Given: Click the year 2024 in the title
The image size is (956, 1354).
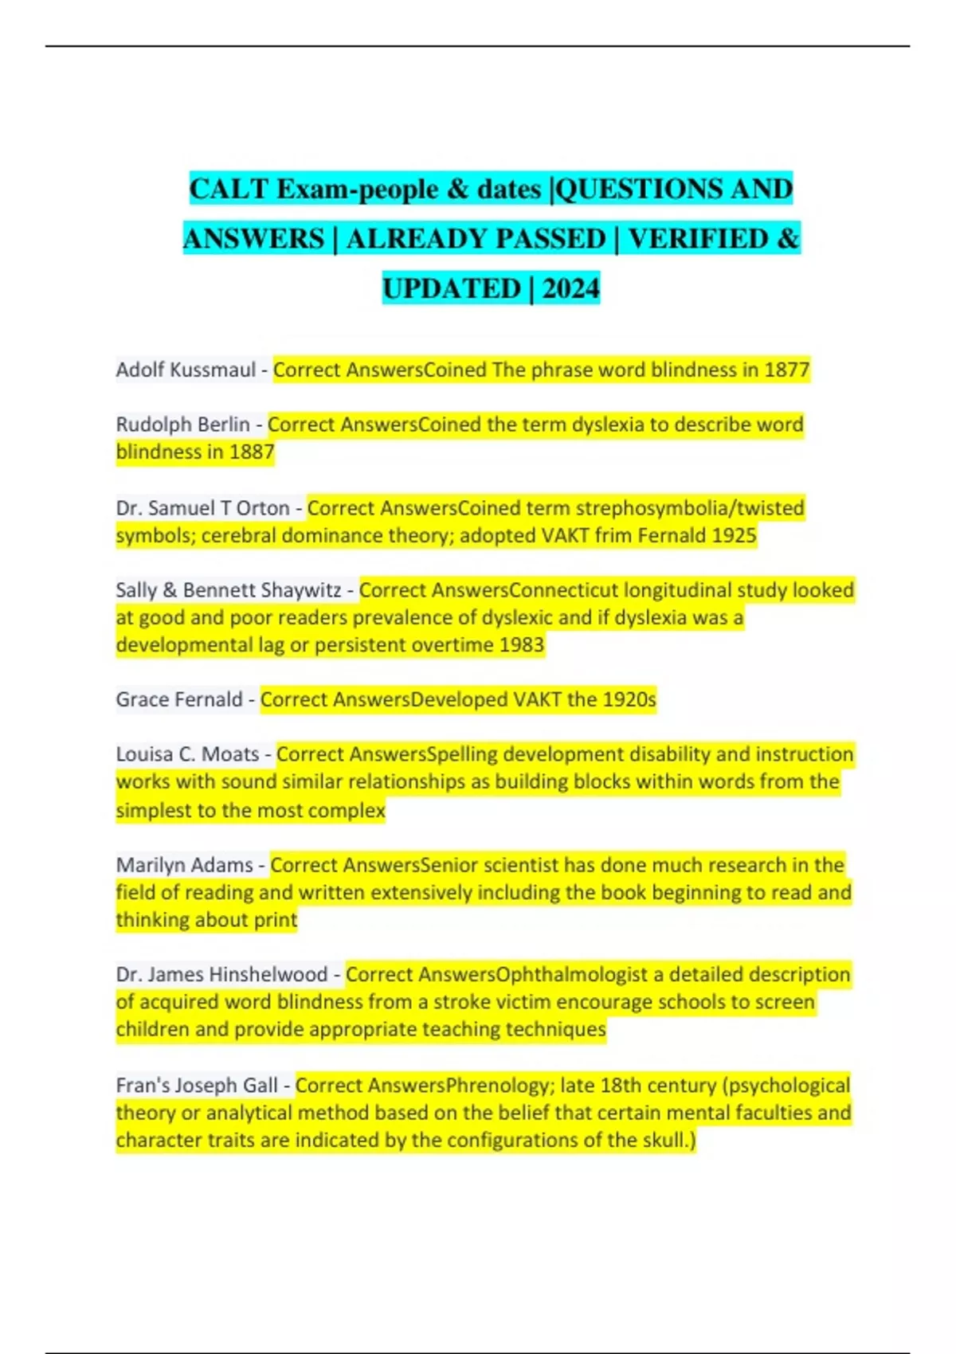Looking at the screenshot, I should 570,288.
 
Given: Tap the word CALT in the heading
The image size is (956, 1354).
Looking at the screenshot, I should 229,190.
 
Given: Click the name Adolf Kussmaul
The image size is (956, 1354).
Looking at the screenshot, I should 186,370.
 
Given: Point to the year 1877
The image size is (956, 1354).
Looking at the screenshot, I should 786,370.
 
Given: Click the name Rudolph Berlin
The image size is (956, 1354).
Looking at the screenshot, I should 182,425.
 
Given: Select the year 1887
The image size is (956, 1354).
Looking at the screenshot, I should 252,452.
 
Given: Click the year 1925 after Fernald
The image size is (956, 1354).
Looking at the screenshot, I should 734,535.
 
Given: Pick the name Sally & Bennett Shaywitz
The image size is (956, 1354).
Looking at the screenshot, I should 229,590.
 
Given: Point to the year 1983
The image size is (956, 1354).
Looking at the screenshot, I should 521,645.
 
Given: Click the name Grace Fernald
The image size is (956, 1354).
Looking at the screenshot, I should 179,699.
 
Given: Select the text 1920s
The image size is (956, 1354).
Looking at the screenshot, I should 629,699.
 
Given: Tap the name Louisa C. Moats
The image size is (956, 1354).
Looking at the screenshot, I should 187,754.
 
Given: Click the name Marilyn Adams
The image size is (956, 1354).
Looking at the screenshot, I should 184,865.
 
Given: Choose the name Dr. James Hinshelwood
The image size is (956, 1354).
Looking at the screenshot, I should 221,975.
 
